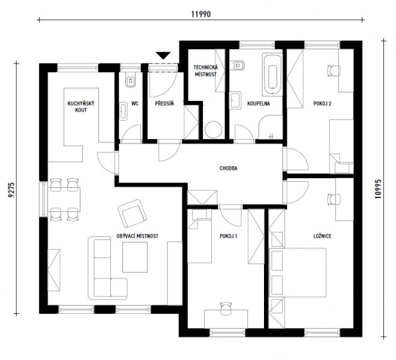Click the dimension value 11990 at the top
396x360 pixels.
coord(201,14)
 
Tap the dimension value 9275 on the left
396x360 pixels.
coord(12,190)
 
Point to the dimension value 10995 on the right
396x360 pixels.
coord(378,189)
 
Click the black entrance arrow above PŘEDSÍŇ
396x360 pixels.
coord(163,55)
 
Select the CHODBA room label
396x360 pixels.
coord(229,168)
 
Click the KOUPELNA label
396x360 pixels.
coord(259,104)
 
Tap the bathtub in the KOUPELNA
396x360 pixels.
coord(272,74)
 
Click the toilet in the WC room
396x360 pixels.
coord(130,79)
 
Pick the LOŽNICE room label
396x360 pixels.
coord(322,236)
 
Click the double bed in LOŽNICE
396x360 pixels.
coord(298,272)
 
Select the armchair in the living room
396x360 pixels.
coord(132,213)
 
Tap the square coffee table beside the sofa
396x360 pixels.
coord(135,257)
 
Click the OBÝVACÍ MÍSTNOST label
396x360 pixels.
coord(137,236)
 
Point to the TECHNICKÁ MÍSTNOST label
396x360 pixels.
coord(206,71)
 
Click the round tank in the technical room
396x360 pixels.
coord(214,130)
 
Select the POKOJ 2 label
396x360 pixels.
coord(322,104)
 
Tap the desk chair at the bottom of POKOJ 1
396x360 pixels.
coord(226,308)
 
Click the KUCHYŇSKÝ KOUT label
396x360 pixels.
coord(81,107)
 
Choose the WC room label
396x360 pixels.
coord(135,104)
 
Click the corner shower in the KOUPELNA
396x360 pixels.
coord(271,127)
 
